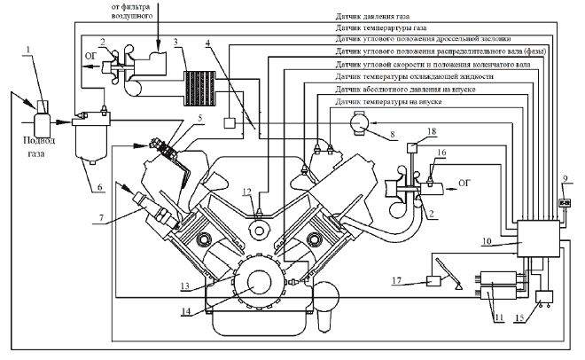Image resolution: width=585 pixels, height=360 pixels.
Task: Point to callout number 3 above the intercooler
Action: (x=176, y=42)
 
